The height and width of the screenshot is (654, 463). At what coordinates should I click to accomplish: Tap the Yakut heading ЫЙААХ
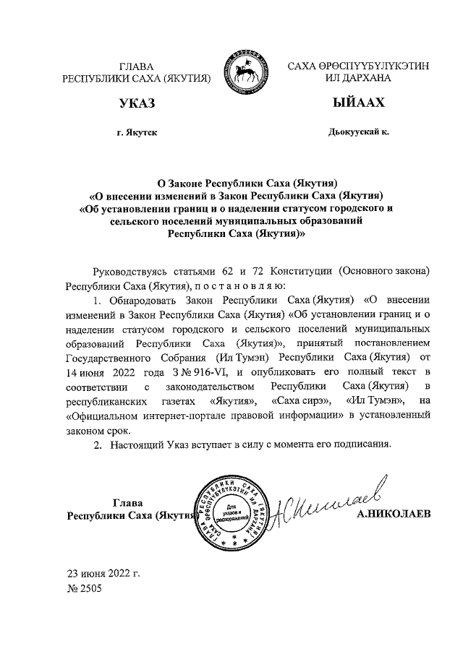[358, 104]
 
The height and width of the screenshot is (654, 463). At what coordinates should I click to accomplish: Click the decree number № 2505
[85, 589]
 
